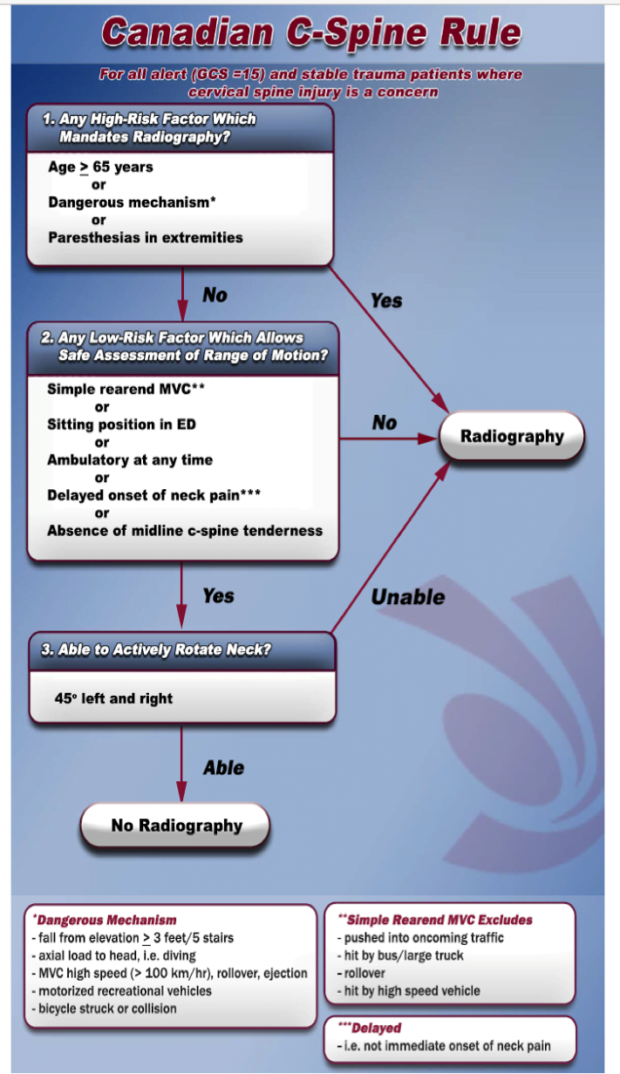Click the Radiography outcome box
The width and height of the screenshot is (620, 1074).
click(x=512, y=436)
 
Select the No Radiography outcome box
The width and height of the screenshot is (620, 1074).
click(x=175, y=826)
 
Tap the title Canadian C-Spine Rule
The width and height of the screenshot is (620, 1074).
click(x=311, y=32)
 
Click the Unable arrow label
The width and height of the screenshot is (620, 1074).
click(x=408, y=597)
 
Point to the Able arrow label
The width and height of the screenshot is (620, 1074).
click(x=224, y=768)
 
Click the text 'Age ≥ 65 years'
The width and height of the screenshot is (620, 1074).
click(x=100, y=167)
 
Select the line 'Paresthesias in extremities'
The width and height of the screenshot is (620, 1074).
click(x=146, y=238)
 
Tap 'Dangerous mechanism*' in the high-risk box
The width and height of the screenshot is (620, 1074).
click(x=132, y=202)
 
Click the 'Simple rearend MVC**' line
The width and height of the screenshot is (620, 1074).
click(x=126, y=389)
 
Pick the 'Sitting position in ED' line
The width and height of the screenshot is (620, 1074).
click(x=121, y=425)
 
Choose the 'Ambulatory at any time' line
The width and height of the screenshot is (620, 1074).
click(x=129, y=459)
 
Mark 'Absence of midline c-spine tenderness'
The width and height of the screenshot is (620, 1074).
click(x=185, y=531)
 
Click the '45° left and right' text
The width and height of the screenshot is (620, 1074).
click(x=113, y=698)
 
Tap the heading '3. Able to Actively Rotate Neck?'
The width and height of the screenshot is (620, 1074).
click(x=156, y=649)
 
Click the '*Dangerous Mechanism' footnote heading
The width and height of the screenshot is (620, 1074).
click(x=105, y=920)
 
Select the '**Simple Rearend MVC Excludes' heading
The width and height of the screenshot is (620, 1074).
click(x=435, y=920)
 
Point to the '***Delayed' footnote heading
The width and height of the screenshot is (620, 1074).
click(x=370, y=1028)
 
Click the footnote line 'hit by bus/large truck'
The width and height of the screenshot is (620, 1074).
click(x=400, y=955)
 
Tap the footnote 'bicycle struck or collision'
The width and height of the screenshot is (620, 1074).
click(x=104, y=1009)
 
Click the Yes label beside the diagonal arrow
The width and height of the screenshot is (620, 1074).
click(x=386, y=301)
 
